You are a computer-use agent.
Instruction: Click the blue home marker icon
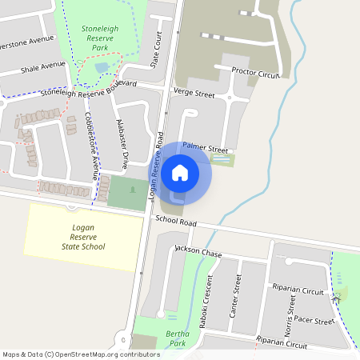[180, 172]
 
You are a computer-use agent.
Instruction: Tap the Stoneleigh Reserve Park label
[100, 38]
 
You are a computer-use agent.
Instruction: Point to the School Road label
[176, 221]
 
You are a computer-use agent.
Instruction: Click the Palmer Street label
[206, 148]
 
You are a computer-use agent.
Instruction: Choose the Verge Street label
[194, 94]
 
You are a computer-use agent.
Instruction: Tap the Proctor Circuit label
[254, 73]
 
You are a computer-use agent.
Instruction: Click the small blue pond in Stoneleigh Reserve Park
[102, 69]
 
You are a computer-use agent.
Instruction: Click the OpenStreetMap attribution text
[81, 354]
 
